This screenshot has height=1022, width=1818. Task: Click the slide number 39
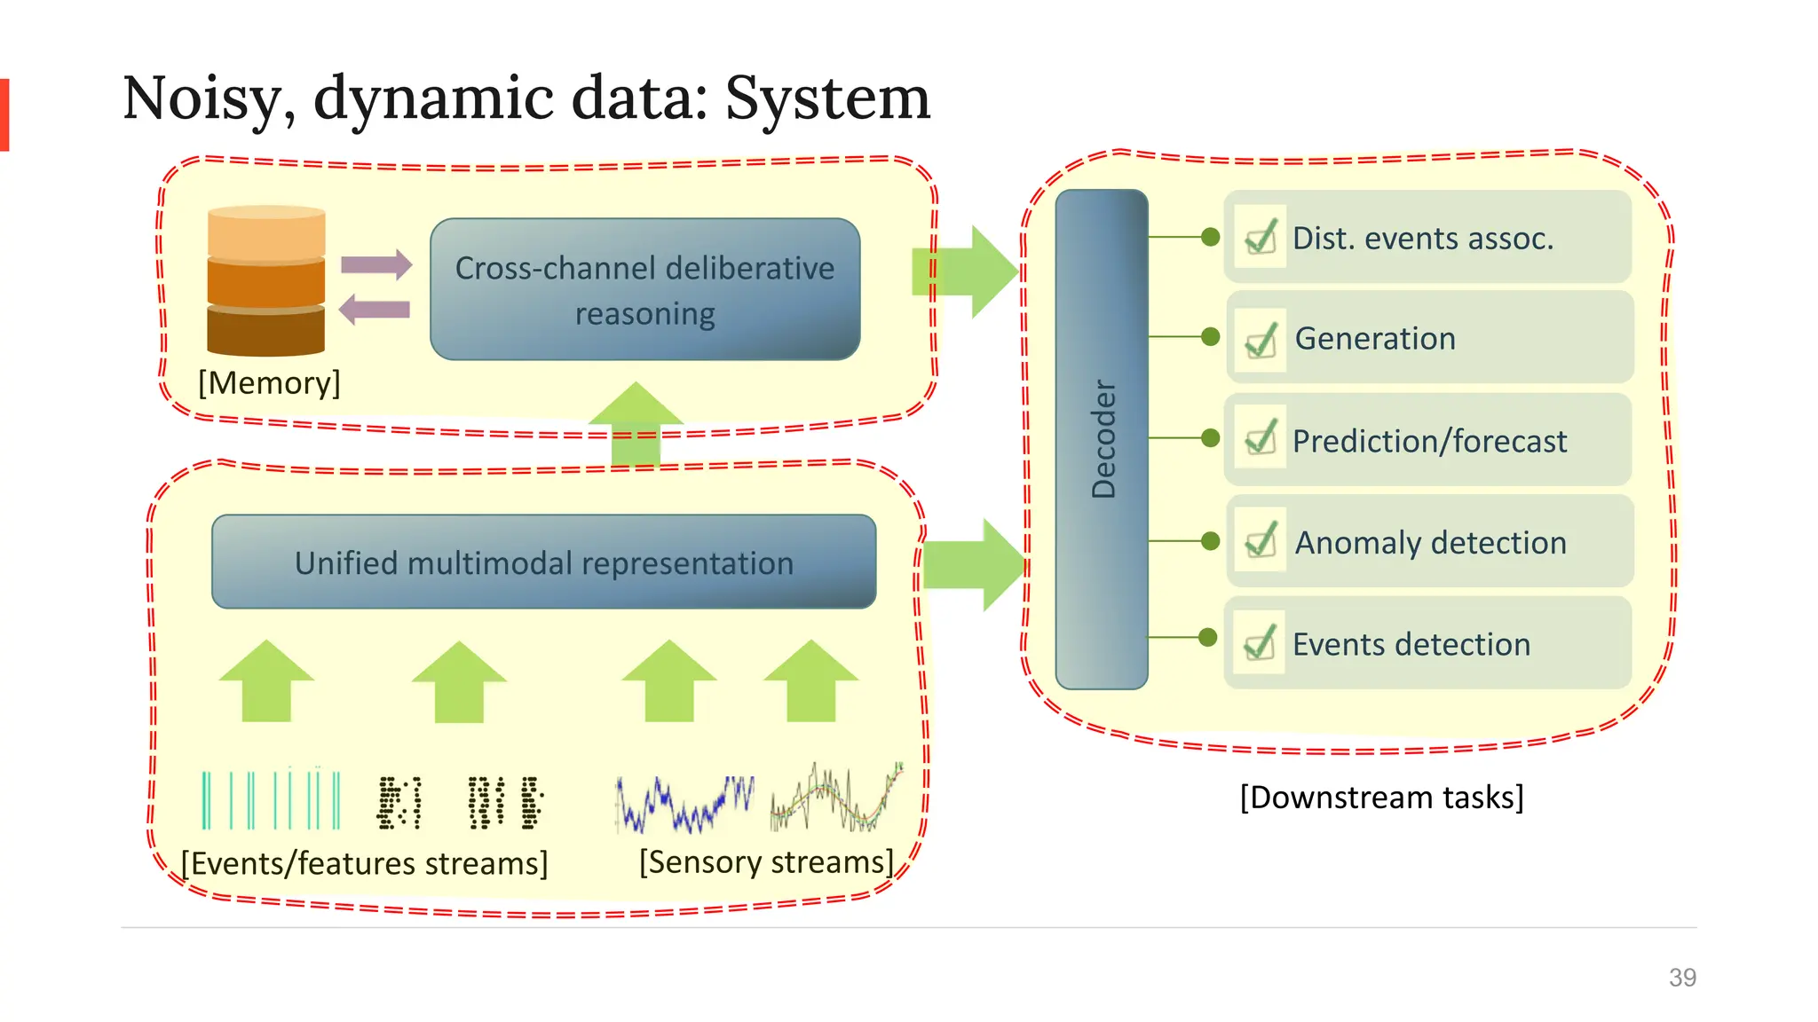tap(1681, 977)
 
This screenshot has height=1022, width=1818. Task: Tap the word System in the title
tap(827, 98)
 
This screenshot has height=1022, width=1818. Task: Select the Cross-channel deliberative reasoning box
tap(644, 289)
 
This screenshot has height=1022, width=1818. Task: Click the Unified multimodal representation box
tap(543, 562)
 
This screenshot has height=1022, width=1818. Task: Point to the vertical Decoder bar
tap(1102, 439)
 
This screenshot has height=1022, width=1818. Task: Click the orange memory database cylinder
tap(266, 280)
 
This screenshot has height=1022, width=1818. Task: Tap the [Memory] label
tap(269, 382)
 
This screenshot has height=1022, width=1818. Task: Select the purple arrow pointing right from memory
tap(376, 264)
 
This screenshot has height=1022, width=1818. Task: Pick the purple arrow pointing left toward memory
tap(375, 310)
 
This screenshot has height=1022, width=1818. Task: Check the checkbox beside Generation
tap(1261, 340)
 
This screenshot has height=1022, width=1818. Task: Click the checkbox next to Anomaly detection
tap(1261, 540)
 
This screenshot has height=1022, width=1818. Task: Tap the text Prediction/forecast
tap(1429, 441)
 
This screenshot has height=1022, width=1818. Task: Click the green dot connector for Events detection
tap(1207, 637)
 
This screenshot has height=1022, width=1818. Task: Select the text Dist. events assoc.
tap(1423, 239)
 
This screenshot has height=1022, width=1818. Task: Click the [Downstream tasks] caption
tap(1381, 797)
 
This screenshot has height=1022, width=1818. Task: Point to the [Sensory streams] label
tap(766, 861)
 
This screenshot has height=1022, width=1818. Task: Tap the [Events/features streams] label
tap(364, 863)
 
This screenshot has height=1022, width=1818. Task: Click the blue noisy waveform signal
tap(684, 804)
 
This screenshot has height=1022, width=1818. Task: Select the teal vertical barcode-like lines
tap(271, 799)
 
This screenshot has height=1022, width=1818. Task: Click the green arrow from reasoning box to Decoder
tap(966, 271)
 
